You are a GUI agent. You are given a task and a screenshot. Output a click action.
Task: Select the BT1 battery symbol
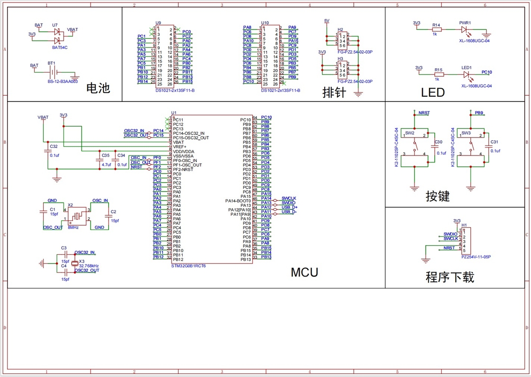point(55,73)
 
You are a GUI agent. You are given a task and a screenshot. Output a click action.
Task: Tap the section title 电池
point(98,88)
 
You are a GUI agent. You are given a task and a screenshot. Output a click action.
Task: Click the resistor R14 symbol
point(437,29)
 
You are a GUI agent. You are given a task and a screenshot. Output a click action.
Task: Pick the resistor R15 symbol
point(439,74)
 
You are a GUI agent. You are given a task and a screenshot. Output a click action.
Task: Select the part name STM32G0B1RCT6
point(188,266)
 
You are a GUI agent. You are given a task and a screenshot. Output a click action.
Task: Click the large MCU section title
point(304,272)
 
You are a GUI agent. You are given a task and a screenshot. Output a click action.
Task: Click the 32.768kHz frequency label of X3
point(89,266)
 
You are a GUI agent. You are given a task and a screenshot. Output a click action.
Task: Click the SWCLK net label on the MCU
point(289,198)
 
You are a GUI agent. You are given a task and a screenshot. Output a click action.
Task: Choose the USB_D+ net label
point(289,207)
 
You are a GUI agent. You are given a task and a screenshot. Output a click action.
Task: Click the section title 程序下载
point(449,277)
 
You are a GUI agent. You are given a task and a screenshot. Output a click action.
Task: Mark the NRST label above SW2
point(424,113)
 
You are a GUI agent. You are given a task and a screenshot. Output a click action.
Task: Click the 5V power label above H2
point(326,21)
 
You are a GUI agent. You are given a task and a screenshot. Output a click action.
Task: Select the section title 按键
point(437,196)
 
